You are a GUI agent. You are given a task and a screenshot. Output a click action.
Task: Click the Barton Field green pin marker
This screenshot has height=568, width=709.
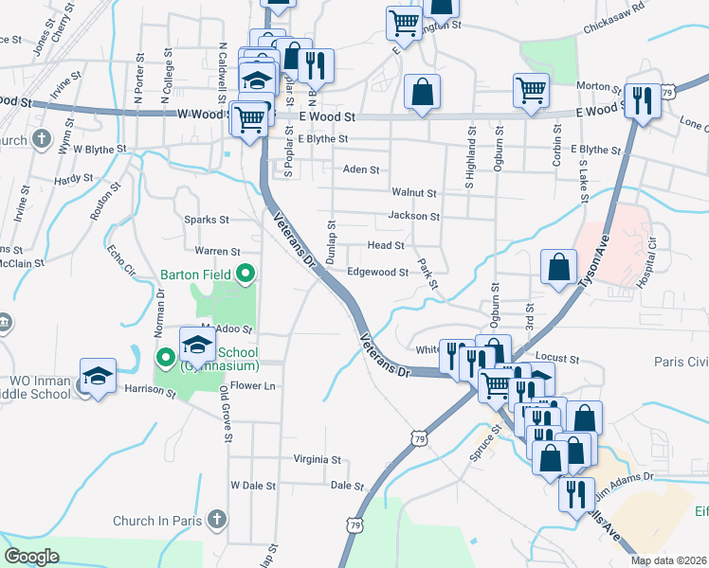(246, 275)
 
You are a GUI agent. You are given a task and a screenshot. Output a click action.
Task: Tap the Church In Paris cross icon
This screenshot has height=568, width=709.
(217, 520)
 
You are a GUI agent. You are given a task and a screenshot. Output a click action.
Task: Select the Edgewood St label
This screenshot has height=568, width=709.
(377, 272)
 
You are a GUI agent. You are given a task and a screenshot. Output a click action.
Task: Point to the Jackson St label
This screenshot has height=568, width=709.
(413, 216)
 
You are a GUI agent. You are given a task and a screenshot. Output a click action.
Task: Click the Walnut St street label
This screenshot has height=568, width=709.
(413, 192)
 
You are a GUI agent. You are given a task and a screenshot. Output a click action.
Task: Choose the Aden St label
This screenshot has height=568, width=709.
(361, 169)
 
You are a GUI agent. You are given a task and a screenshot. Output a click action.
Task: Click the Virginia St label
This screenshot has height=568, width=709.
(317, 459)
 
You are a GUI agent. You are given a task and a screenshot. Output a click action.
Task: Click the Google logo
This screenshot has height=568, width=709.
(32, 556)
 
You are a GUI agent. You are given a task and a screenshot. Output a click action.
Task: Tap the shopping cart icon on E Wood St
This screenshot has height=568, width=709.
(531, 92)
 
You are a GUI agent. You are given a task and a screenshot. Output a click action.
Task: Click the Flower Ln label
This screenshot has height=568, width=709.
(252, 386)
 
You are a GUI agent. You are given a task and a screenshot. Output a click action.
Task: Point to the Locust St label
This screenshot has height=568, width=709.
(556, 357)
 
